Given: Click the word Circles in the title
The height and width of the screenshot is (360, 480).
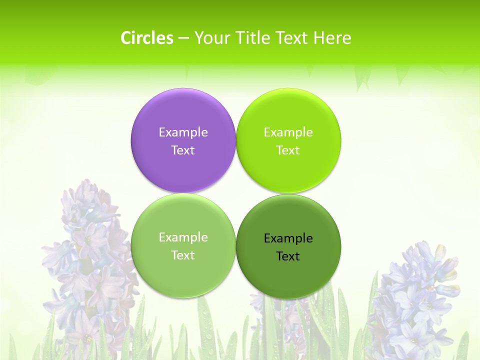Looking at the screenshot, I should point(146,38).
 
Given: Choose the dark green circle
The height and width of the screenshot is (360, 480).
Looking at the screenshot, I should point(288,275).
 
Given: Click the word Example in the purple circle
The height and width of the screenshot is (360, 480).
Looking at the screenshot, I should point(183,132).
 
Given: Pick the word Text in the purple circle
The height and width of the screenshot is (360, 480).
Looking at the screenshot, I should point(183,150).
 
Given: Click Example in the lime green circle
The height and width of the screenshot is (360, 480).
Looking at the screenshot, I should point(288,132).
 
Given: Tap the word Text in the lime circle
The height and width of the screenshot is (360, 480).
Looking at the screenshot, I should point(288,150).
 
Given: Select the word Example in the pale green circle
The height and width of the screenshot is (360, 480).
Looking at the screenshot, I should point(183,237).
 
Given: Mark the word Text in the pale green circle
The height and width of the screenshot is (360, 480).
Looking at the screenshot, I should point(183,255).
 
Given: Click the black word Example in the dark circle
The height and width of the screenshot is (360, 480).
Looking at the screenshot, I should point(288,238).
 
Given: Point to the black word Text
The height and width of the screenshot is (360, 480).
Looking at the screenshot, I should point(288,256).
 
